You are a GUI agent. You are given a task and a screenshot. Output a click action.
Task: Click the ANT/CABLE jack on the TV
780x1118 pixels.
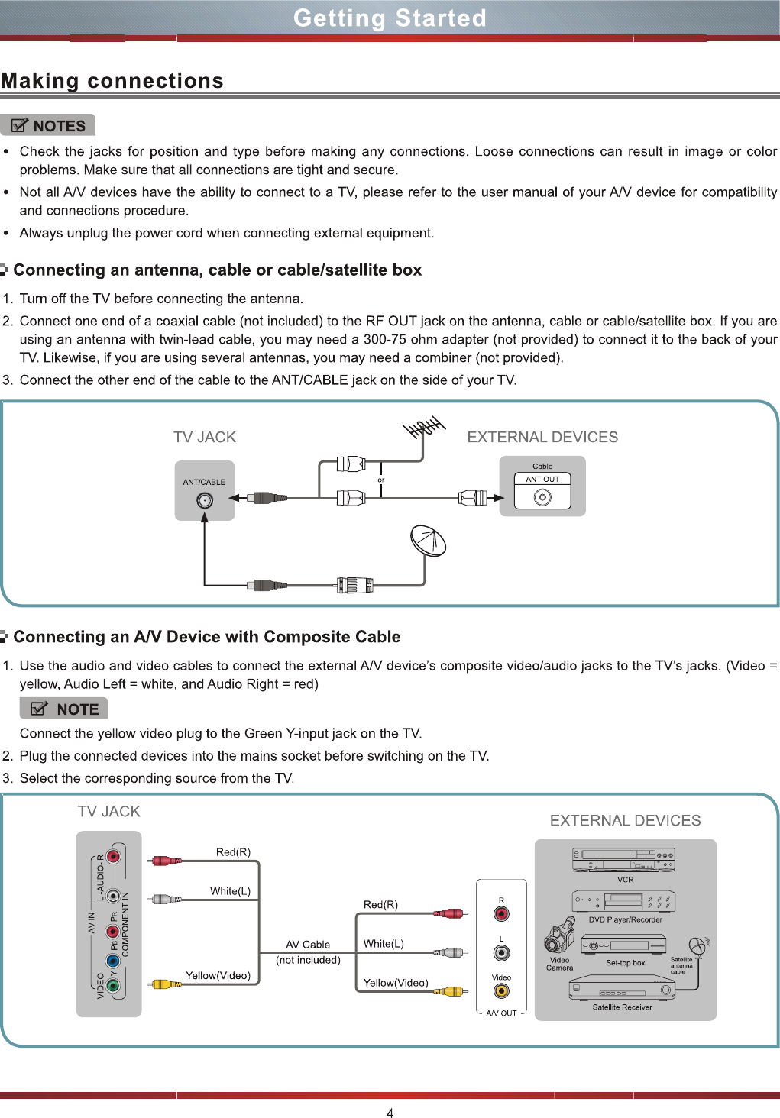[205, 500]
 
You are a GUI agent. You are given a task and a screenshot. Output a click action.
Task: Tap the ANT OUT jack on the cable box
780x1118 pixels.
[542, 497]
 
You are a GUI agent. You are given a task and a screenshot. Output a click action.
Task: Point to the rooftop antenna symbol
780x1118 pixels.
[425, 428]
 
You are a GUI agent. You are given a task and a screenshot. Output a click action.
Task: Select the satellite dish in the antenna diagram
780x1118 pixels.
[428, 541]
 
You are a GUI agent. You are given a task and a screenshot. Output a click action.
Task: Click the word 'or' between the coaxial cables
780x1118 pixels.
[381, 480]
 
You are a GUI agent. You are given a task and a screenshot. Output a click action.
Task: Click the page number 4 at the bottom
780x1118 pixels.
[390, 1113]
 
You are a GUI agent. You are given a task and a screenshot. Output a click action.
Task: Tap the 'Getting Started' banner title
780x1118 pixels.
[390, 18]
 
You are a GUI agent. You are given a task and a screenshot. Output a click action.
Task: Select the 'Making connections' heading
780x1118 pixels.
[112, 81]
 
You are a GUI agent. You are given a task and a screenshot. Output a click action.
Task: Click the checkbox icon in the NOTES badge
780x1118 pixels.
[20, 126]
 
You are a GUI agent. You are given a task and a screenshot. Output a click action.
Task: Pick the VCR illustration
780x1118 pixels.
[624, 860]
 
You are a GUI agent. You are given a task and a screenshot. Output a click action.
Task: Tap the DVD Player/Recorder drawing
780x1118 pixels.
[623, 901]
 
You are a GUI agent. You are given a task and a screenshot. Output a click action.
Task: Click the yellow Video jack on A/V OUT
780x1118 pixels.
[501, 991]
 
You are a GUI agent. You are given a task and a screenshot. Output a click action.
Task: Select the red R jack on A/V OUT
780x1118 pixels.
[501, 914]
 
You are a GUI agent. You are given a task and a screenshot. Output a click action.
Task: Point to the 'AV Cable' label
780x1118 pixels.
[308, 945]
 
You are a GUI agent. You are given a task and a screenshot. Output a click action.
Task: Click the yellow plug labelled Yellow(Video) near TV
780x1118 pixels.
[164, 984]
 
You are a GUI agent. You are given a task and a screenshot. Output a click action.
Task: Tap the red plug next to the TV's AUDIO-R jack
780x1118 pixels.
[165, 861]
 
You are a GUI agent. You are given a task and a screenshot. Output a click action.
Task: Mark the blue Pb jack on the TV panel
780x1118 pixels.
[113, 961]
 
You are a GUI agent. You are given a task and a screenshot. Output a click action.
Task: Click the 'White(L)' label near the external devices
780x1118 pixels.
[384, 944]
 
